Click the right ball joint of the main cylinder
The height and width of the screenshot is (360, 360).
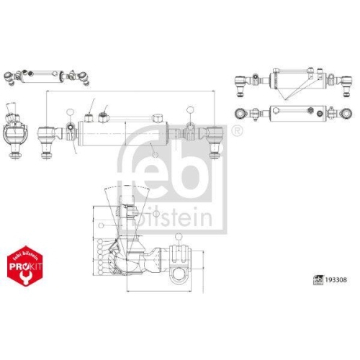coord(215,132)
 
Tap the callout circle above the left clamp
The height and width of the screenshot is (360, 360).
coord(69,112)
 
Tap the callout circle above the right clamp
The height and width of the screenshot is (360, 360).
coord(189,109)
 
